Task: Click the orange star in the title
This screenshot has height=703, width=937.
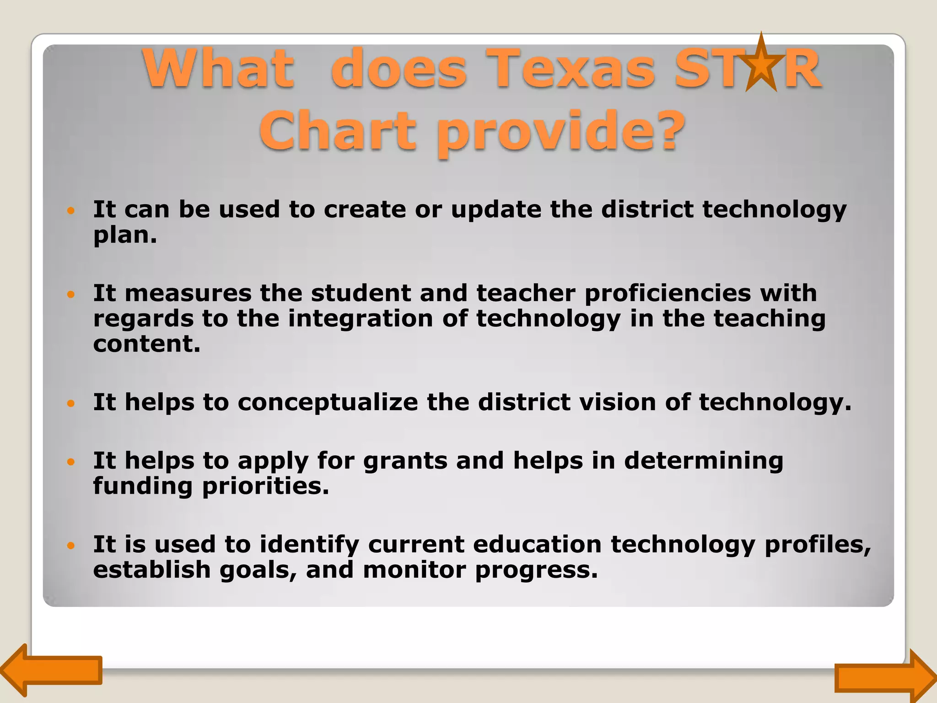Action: click(761, 65)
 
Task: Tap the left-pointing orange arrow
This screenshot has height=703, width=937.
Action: click(50, 670)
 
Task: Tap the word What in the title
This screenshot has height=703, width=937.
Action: click(218, 69)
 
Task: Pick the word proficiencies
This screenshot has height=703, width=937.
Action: click(668, 294)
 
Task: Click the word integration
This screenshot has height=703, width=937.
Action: click(360, 319)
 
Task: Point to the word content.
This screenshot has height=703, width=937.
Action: click(147, 344)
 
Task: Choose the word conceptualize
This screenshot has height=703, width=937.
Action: click(328, 403)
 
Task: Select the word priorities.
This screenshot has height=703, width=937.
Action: click(265, 487)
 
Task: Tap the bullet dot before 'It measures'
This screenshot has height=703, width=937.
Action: click(70, 294)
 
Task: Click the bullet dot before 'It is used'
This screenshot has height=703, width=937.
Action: click(70, 546)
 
